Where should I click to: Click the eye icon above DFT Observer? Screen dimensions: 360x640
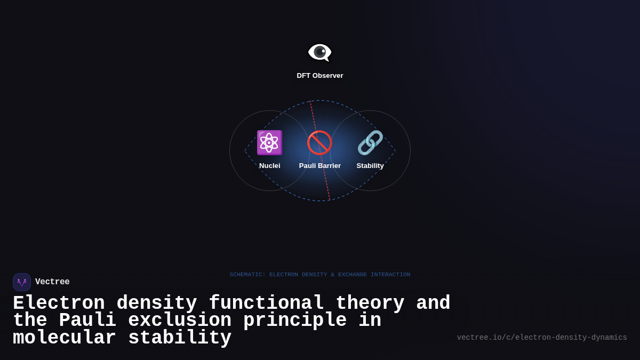(x=319, y=52)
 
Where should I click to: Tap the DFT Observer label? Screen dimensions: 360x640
(x=320, y=76)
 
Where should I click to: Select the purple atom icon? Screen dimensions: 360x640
(x=269, y=142)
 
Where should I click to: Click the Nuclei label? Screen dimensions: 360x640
(x=269, y=166)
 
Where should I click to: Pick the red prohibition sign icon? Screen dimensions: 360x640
(x=319, y=142)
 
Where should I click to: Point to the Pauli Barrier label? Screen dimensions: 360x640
(x=319, y=166)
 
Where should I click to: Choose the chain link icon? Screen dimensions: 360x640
(x=370, y=142)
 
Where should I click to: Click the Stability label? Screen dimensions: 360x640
(x=370, y=166)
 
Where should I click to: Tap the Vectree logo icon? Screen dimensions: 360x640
(x=22, y=282)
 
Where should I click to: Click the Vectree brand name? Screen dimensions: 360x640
(x=52, y=282)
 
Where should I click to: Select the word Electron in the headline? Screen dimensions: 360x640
(x=59, y=303)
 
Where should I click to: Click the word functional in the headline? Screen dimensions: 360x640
(x=266, y=303)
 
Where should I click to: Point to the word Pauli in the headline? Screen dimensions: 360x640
(x=87, y=321)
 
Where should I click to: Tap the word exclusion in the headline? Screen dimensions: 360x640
(x=180, y=321)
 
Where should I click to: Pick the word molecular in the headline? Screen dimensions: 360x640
(x=65, y=338)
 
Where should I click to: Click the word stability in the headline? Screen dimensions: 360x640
(x=180, y=338)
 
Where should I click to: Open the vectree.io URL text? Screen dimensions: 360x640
(x=542, y=338)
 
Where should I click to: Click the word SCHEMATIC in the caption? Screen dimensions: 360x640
(x=247, y=275)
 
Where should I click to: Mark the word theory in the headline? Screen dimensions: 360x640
(x=370, y=303)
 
